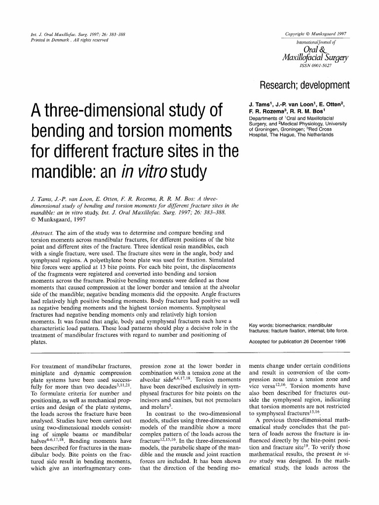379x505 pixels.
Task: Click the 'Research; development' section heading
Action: click(x=304, y=84)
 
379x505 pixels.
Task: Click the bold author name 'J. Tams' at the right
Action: click(x=261, y=105)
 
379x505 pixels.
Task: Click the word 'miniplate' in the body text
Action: click(x=43, y=374)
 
